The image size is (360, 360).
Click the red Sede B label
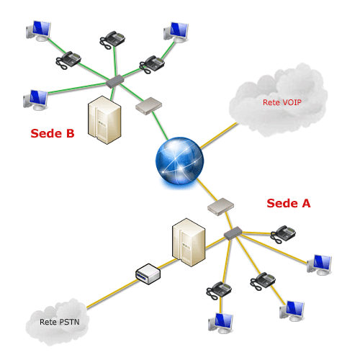(53, 133)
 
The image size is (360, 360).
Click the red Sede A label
(289, 203)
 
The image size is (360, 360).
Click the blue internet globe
(180, 161)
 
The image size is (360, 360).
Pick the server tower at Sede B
(104, 120)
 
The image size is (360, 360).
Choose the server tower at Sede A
(189, 243)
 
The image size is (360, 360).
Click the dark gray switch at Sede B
(114, 81)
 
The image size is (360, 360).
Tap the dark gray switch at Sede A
(233, 233)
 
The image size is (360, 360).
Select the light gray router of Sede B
(149, 106)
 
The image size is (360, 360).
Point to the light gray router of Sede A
(221, 207)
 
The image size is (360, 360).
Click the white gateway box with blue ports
(148, 274)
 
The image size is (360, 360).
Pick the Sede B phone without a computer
(112, 40)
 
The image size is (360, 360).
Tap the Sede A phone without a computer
(283, 234)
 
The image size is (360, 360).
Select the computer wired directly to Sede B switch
(35, 100)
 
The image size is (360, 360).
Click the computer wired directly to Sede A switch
(320, 265)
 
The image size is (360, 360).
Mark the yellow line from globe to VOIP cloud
(219, 135)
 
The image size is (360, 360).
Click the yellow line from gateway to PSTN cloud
(112, 294)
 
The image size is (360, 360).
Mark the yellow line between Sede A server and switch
(215, 243)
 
